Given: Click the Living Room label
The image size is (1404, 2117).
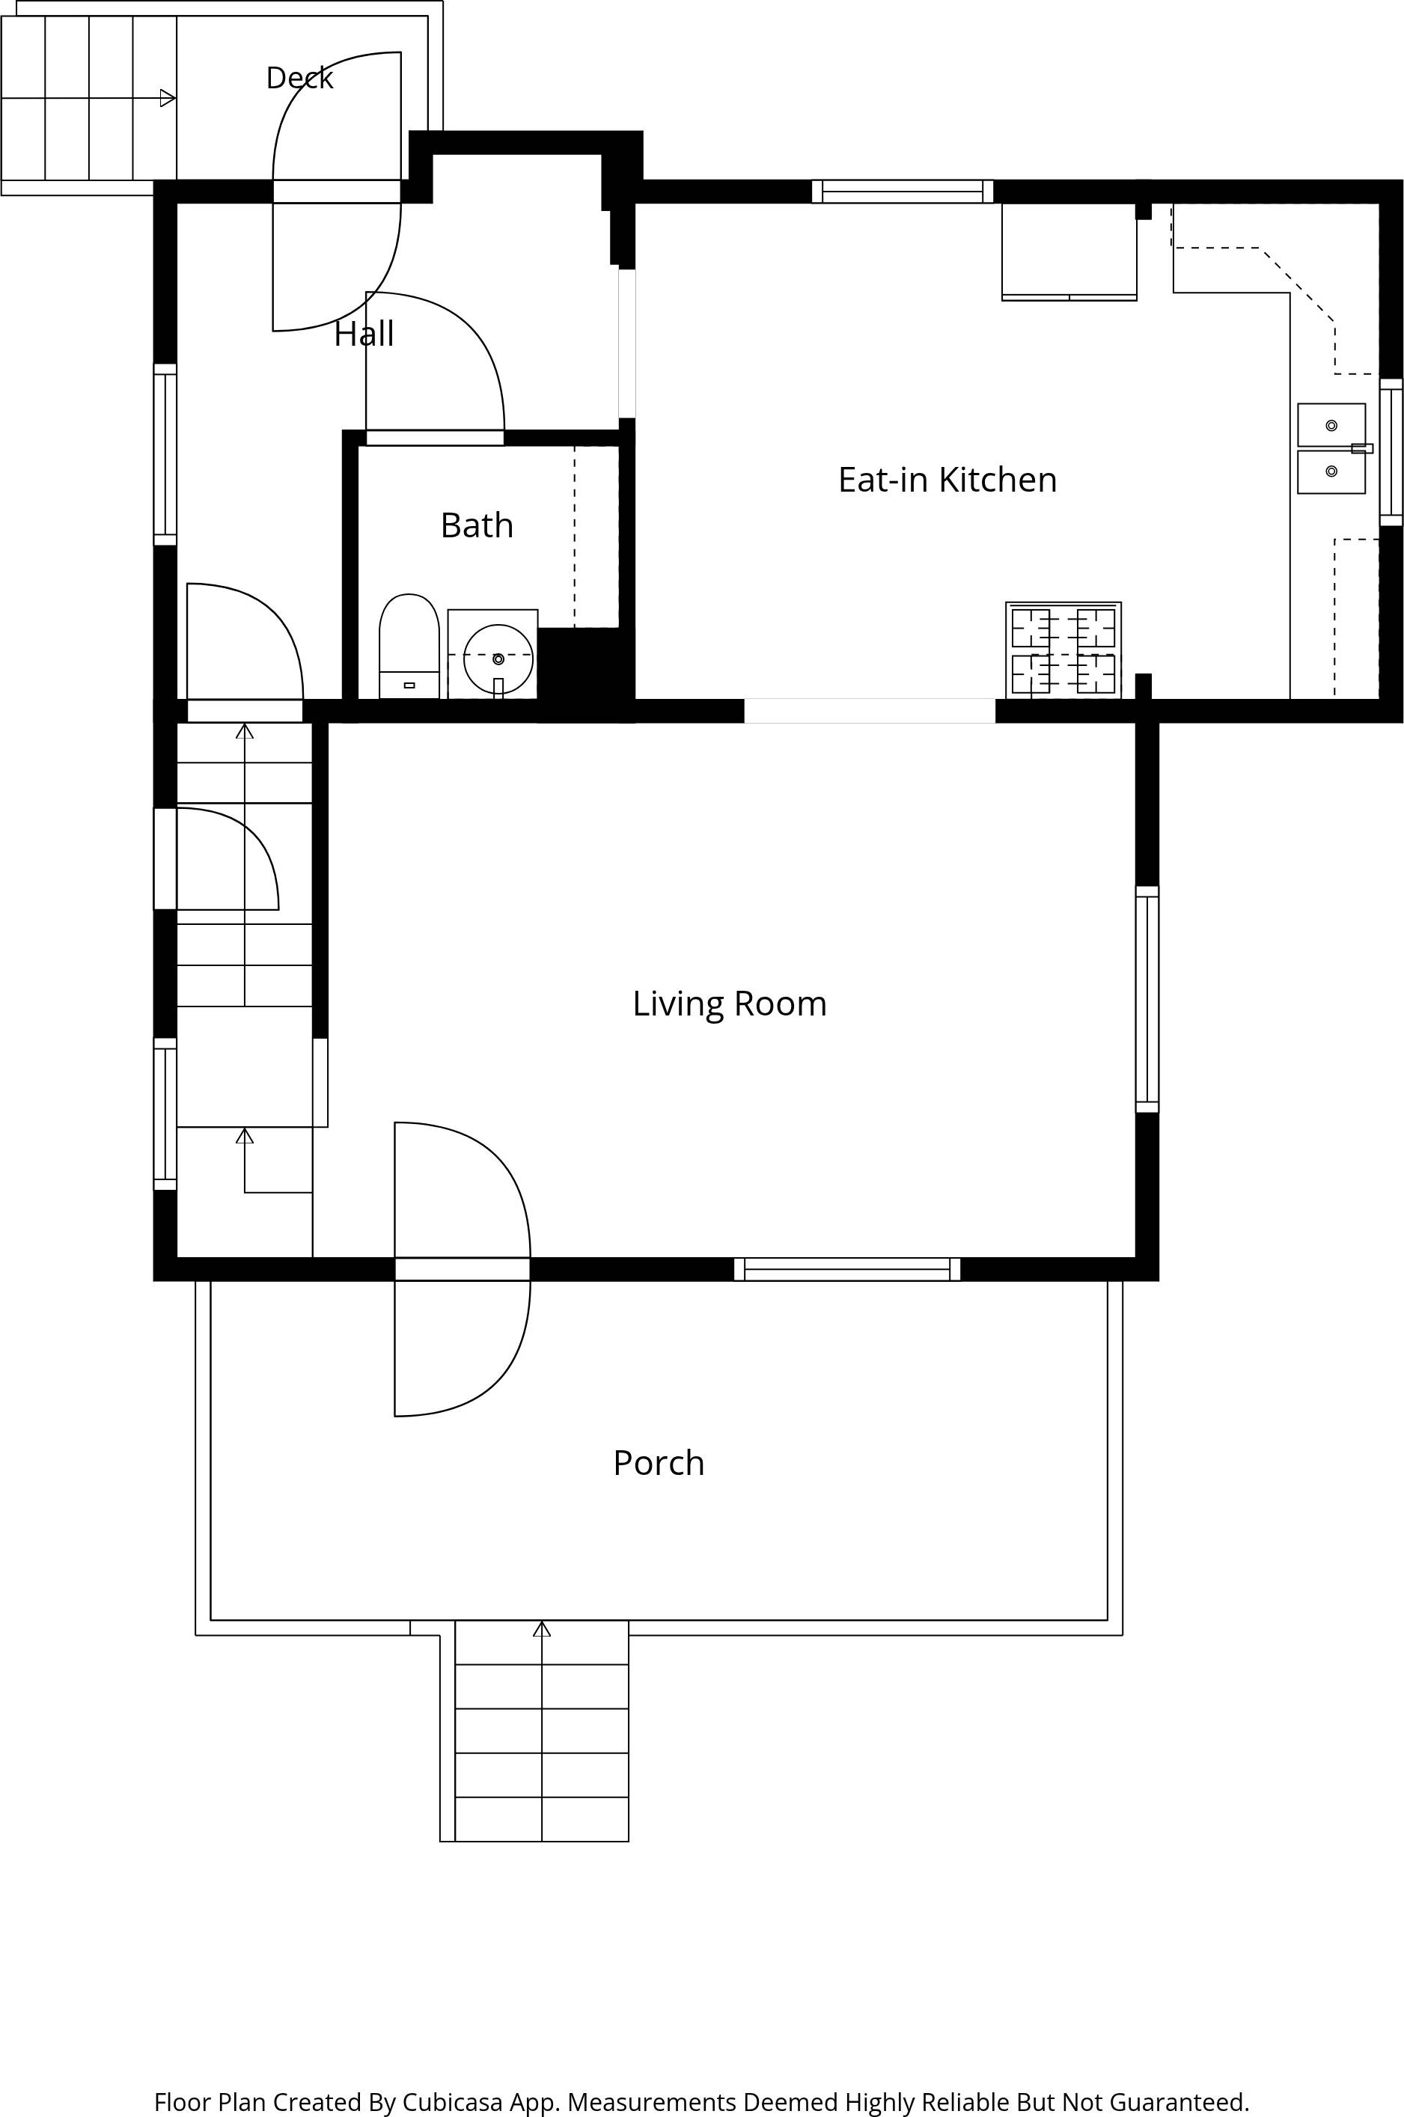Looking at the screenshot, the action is [x=729, y=1003].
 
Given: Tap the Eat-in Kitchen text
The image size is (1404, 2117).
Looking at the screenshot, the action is [x=947, y=480].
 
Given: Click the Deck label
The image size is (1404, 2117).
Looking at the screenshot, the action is [x=299, y=78].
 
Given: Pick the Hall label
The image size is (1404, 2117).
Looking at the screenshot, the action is [x=364, y=334].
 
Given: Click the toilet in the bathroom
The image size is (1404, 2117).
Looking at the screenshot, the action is [x=409, y=645].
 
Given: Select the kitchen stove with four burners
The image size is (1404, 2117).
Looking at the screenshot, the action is [x=1063, y=650].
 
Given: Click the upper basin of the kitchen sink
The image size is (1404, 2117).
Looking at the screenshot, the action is [x=1331, y=425].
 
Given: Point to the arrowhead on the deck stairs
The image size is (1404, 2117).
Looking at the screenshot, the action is [x=168, y=97].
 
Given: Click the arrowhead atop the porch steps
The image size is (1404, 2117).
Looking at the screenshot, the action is [x=542, y=1628].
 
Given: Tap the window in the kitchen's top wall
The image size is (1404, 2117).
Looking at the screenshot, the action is [x=903, y=192].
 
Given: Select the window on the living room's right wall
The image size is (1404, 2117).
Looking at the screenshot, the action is [x=1147, y=999].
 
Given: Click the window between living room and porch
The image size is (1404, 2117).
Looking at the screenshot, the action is [x=847, y=1269].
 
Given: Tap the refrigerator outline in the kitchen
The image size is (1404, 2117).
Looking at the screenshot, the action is [x=1069, y=251].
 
